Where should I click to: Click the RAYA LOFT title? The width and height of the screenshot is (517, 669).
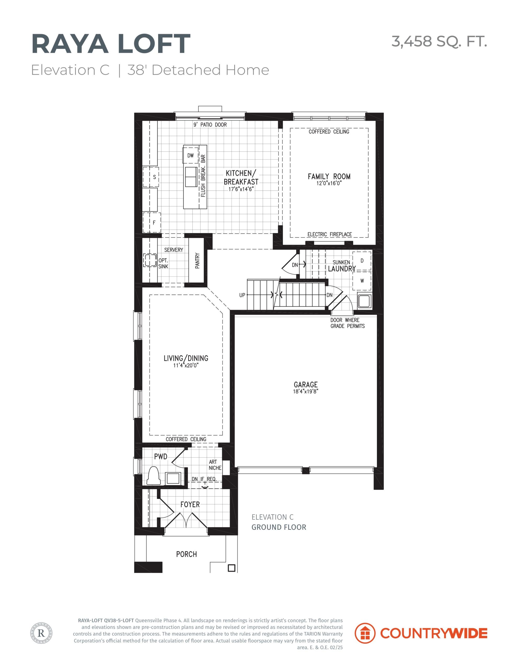[x=111, y=45]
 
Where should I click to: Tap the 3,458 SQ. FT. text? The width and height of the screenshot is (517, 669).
[x=439, y=41]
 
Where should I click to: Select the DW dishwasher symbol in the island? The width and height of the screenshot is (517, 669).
[x=191, y=155]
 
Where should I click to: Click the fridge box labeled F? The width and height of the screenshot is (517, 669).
[x=152, y=222]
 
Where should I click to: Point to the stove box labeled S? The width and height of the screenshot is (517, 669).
[x=151, y=177]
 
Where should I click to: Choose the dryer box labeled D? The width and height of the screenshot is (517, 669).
[x=362, y=261]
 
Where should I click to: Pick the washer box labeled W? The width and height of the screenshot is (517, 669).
[x=362, y=281]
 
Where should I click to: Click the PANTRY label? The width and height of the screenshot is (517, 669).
[x=197, y=261]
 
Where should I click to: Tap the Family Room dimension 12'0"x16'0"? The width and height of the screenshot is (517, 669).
[x=329, y=183]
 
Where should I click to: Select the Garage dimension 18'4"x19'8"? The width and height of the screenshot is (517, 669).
[x=306, y=391]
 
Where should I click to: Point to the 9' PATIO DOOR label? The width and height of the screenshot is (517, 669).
[x=210, y=125]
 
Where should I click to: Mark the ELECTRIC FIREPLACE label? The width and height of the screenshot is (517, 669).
[x=329, y=234]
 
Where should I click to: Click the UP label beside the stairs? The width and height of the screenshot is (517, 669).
[x=242, y=295]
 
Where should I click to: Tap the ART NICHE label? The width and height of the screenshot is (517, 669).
[x=215, y=465]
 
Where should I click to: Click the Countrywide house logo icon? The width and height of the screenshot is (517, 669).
[x=365, y=633]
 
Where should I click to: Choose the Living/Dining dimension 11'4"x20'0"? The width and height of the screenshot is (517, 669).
[x=186, y=365]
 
